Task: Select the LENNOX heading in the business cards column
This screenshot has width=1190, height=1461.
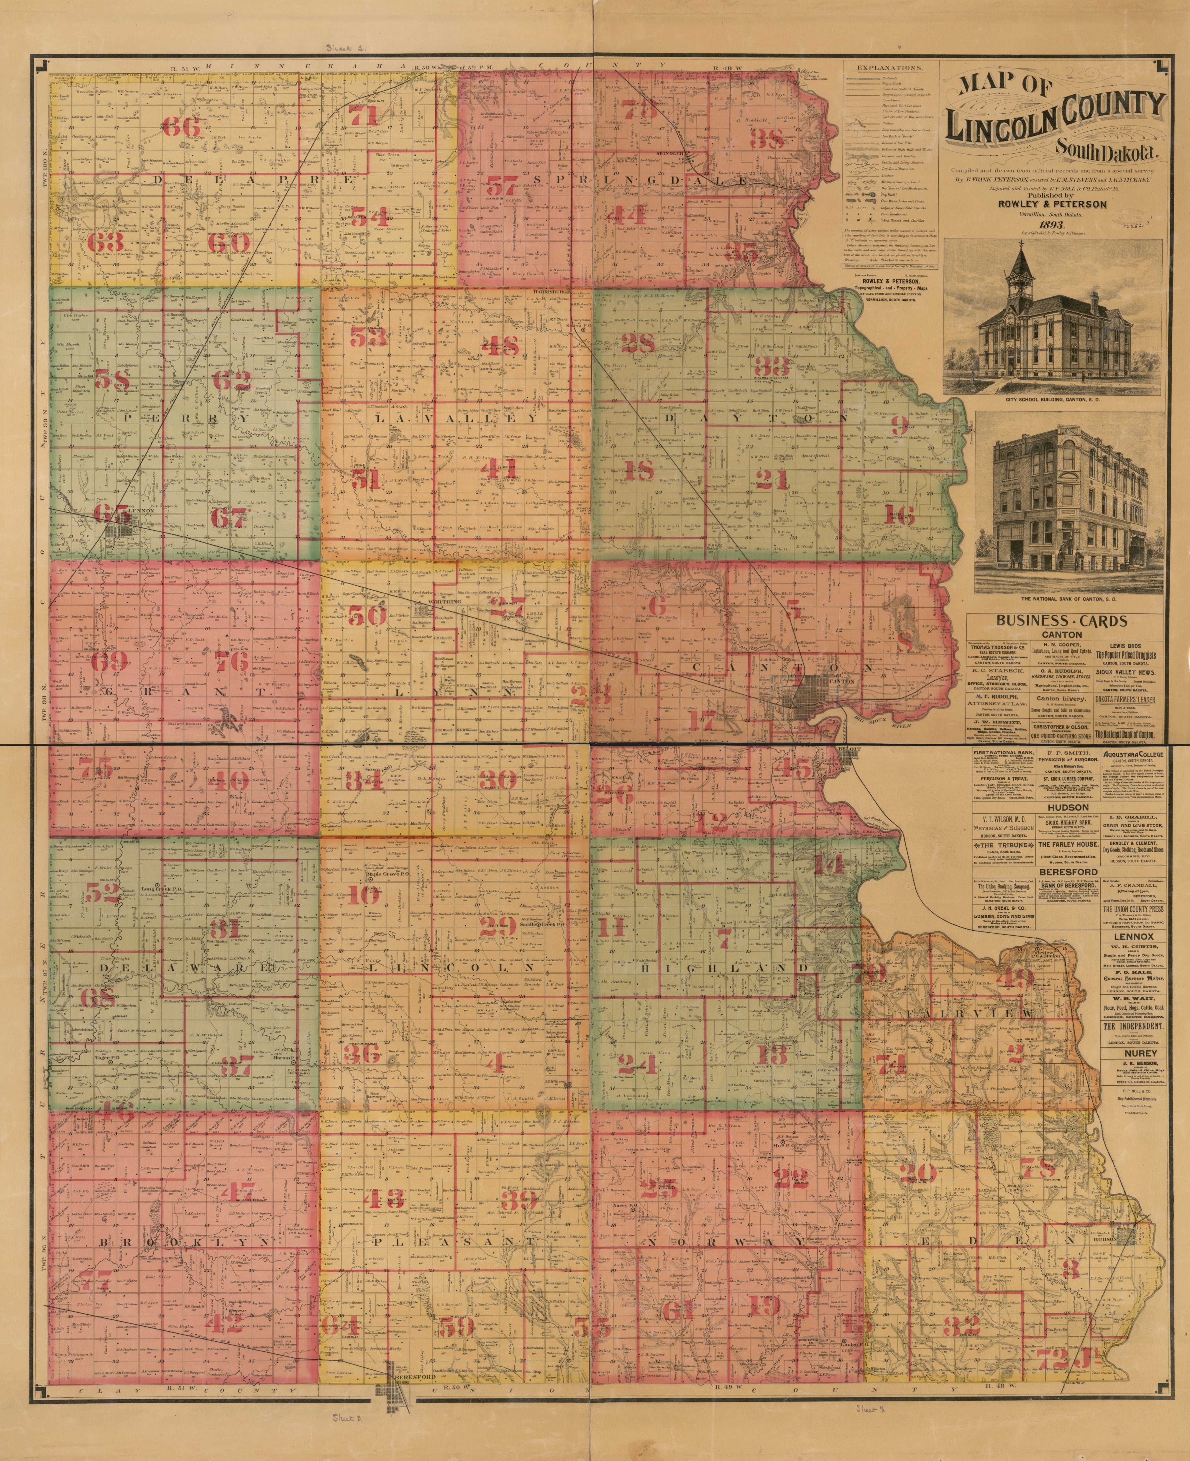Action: (x=1132, y=936)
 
